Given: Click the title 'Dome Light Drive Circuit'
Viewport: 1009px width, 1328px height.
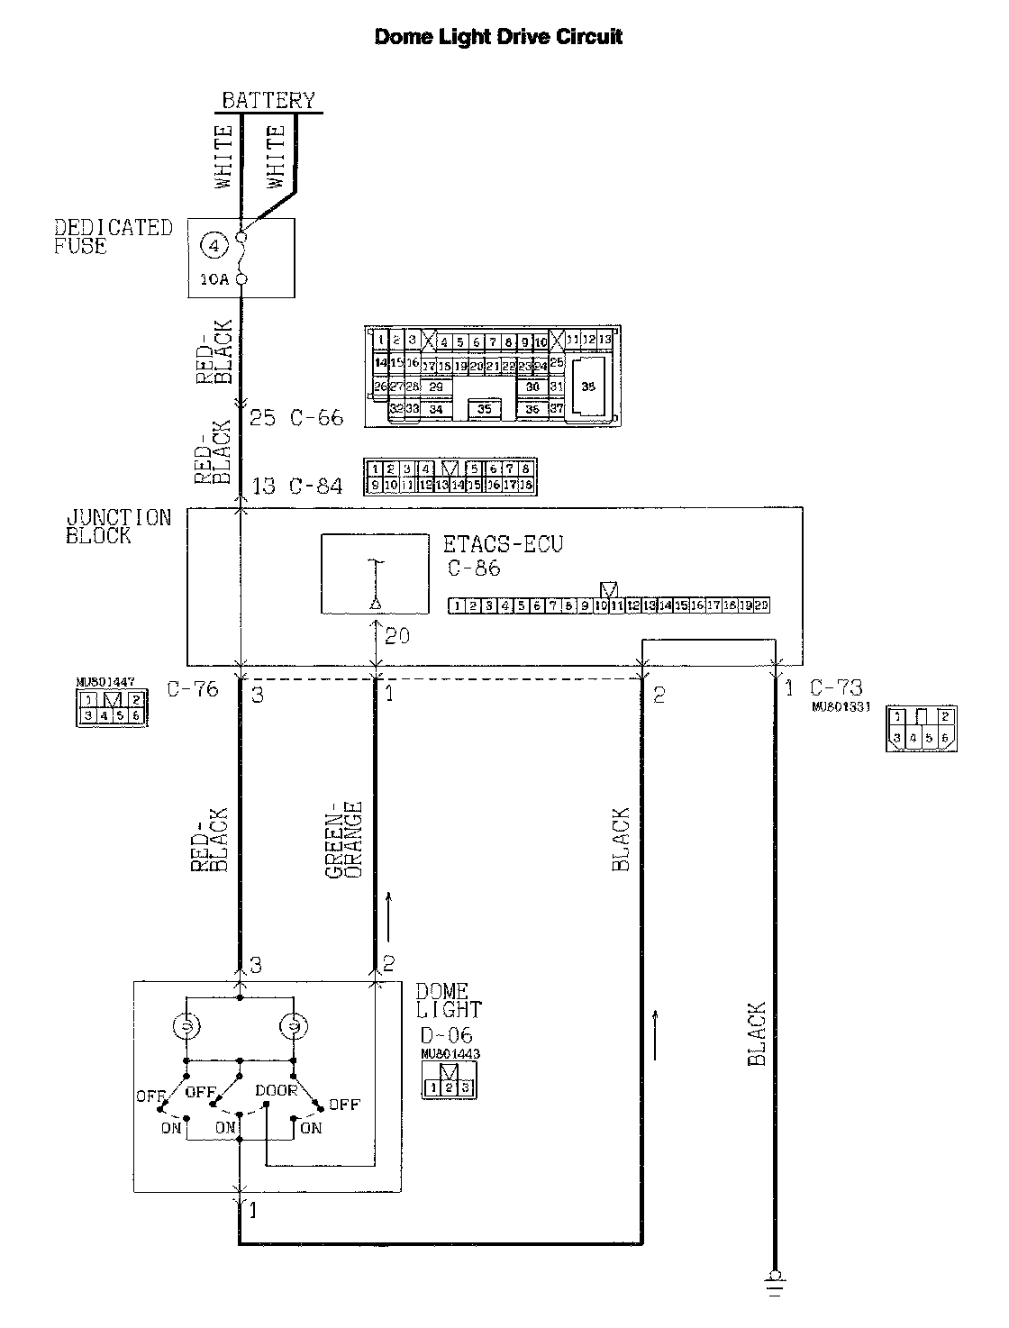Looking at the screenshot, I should pyautogui.click(x=498, y=37).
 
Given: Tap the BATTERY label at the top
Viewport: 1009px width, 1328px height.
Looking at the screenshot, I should pyautogui.click(x=268, y=100).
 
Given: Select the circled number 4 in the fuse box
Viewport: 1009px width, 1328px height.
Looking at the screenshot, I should pyautogui.click(x=212, y=244).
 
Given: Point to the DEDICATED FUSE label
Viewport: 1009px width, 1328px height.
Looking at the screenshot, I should pyautogui.click(x=113, y=237).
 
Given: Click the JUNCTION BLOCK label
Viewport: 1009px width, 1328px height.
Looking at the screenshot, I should pyautogui.click(x=118, y=527).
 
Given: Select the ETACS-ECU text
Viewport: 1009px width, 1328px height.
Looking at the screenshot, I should pyautogui.click(x=503, y=545).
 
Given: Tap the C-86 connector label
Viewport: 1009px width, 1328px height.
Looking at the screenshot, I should pyautogui.click(x=474, y=568).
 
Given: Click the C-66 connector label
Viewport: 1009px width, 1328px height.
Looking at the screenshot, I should pyautogui.click(x=317, y=418).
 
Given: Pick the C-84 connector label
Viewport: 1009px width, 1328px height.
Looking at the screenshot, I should pyautogui.click(x=316, y=487).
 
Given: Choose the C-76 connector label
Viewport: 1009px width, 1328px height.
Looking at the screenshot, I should pyautogui.click(x=193, y=690).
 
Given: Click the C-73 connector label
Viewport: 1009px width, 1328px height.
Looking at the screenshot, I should pyautogui.click(x=836, y=689).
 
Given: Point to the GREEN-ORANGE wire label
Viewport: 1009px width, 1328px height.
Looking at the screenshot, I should pyautogui.click(x=343, y=840).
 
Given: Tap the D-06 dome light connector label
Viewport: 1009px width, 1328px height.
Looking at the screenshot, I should pyautogui.click(x=447, y=1034).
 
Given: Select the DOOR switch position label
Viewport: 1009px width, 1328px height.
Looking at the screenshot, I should pyautogui.click(x=276, y=1090).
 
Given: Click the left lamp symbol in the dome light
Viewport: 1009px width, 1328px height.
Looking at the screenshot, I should pyautogui.click(x=186, y=1026).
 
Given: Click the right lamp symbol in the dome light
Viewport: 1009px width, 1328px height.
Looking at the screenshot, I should pyautogui.click(x=294, y=1026).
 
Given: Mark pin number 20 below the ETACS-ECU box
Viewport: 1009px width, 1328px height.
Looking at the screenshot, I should pyautogui.click(x=397, y=636).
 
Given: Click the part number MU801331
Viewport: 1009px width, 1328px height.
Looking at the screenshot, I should pyautogui.click(x=840, y=707).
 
